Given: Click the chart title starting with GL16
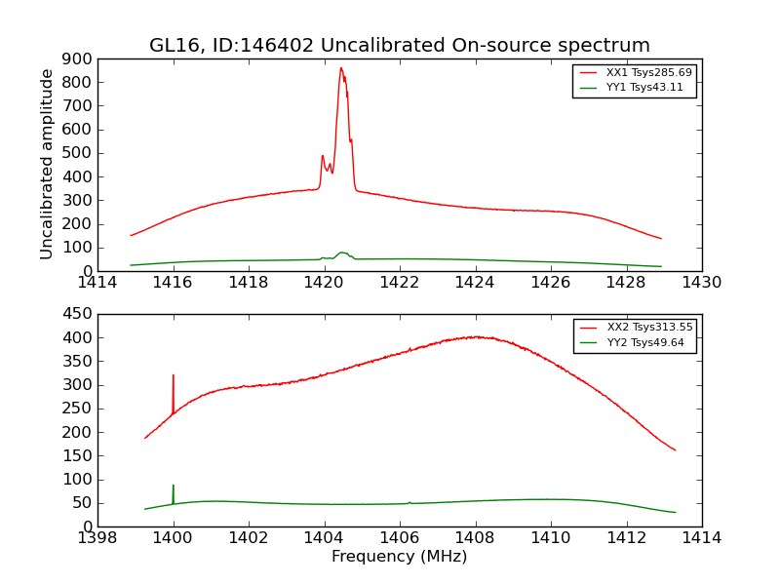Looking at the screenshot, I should pyautogui.click(x=399, y=46).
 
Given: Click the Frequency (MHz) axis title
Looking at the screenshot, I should pyautogui.click(x=399, y=557).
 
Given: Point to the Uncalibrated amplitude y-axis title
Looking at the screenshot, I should pyautogui.click(x=47, y=164).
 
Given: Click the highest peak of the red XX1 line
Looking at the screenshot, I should pyautogui.click(x=341, y=68).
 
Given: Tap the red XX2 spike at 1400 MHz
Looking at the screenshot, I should pyautogui.click(x=174, y=375).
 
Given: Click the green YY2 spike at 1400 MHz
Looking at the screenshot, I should pyautogui.click(x=174, y=486).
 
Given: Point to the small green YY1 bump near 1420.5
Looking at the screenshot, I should pyautogui.click(x=342, y=253).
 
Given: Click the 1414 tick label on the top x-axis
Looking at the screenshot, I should pyautogui.click(x=97, y=283).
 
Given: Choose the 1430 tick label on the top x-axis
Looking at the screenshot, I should pyautogui.click(x=701, y=283).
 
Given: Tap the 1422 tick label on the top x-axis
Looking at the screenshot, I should pyautogui.click(x=399, y=283).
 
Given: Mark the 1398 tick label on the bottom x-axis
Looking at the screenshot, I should pyautogui.click(x=97, y=538).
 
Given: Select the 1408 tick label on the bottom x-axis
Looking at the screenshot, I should pyautogui.click(x=475, y=538).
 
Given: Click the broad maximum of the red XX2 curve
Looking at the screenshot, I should pyautogui.click(x=475, y=337).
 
